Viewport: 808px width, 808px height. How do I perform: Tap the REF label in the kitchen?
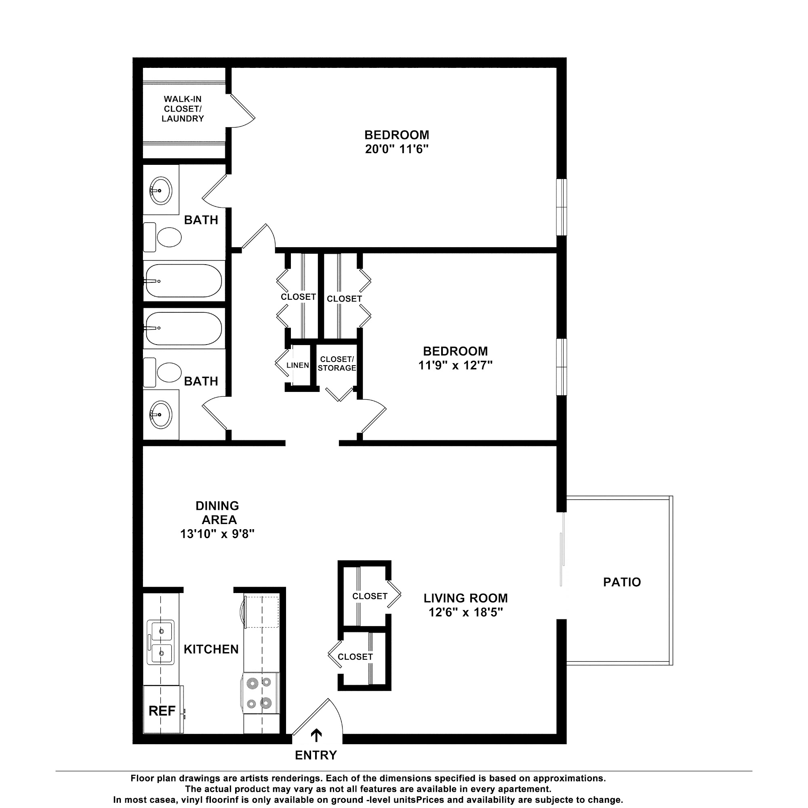coord(162,711)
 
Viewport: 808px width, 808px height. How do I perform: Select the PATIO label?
coord(622,582)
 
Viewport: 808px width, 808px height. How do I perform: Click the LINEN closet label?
coord(298,365)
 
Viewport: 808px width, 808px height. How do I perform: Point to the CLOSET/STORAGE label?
coord(337,364)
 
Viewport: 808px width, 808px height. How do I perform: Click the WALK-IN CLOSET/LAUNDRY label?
coord(183,109)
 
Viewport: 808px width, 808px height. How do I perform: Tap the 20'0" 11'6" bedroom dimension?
coord(397,149)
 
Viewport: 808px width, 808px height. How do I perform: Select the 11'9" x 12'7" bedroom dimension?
coord(455,365)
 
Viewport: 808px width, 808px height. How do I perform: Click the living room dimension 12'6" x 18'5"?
coord(465,612)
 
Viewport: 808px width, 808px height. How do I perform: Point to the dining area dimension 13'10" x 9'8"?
coord(217,534)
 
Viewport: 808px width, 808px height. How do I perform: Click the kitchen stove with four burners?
coord(260,693)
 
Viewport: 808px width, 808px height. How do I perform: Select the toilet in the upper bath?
coord(163,237)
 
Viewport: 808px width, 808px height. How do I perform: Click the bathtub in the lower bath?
coord(183,328)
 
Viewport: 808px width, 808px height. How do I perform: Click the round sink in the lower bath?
coord(161,415)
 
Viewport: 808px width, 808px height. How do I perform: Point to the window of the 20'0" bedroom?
coord(562,207)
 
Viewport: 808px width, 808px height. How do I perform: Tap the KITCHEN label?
coord(211,649)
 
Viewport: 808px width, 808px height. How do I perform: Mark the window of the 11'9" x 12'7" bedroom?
coord(562,367)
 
